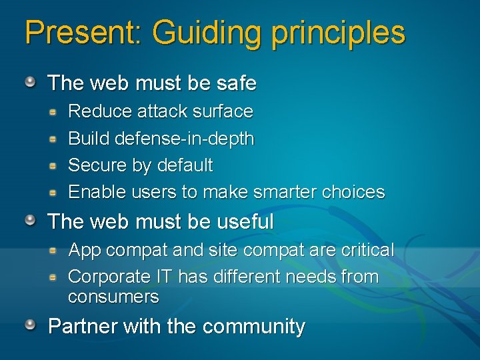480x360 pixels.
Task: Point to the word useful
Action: tap(245, 221)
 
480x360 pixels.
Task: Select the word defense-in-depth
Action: tap(185, 139)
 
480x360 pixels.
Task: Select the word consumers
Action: tap(113, 296)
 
